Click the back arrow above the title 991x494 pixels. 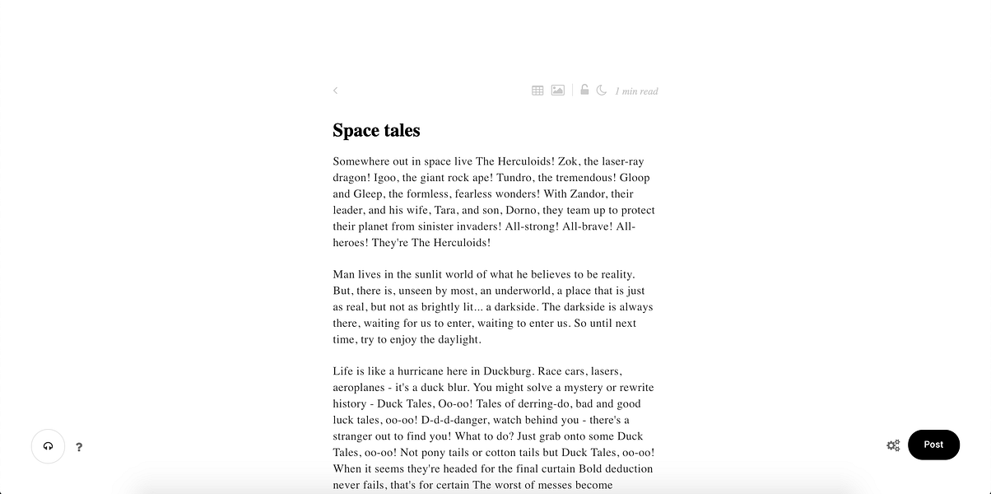335,91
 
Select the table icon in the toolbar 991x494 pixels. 537,91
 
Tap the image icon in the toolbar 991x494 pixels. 558,91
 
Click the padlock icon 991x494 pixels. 584,90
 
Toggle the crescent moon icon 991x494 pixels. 602,91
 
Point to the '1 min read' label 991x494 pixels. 636,91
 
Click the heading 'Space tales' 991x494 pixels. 376,131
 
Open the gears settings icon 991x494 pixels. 893,445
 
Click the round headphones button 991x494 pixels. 48,446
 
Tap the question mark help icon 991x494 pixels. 79,447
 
